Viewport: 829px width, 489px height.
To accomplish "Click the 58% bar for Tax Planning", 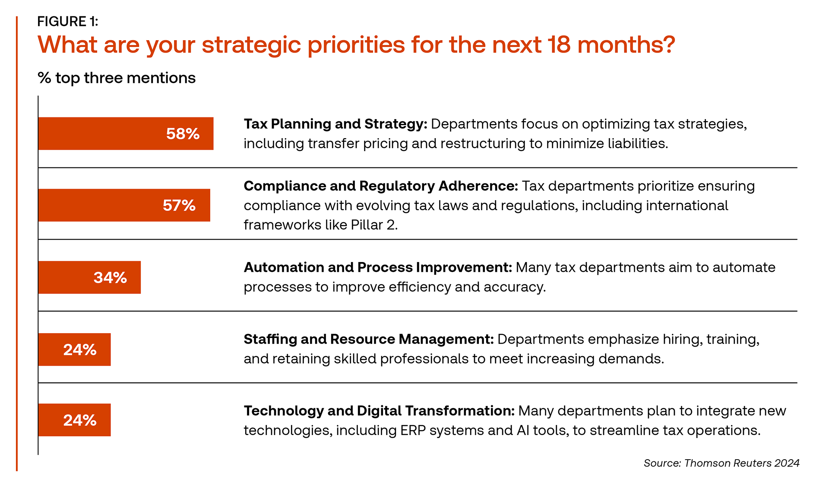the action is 126,133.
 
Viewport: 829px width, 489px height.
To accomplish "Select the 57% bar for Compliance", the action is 124,205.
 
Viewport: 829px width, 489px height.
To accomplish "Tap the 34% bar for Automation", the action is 90,277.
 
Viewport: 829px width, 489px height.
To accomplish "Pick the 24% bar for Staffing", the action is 75,349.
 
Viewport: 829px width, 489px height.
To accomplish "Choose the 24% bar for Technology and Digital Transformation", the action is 75,420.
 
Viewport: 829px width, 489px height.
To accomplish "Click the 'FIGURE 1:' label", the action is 68,21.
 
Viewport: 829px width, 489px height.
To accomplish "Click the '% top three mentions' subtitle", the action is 117,78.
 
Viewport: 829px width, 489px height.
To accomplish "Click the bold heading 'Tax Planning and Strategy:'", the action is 335,124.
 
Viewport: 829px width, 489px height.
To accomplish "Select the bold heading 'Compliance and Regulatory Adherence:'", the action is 381,186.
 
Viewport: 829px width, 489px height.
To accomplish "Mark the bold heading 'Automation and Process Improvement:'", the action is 378,268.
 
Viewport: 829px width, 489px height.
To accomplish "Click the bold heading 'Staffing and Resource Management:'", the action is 369,339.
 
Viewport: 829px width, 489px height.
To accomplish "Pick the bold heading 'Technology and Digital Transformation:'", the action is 379,411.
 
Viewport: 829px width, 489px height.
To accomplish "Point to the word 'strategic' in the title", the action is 251,45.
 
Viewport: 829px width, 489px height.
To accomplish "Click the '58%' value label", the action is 183,134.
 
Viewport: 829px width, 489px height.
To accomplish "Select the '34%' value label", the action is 110,278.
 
